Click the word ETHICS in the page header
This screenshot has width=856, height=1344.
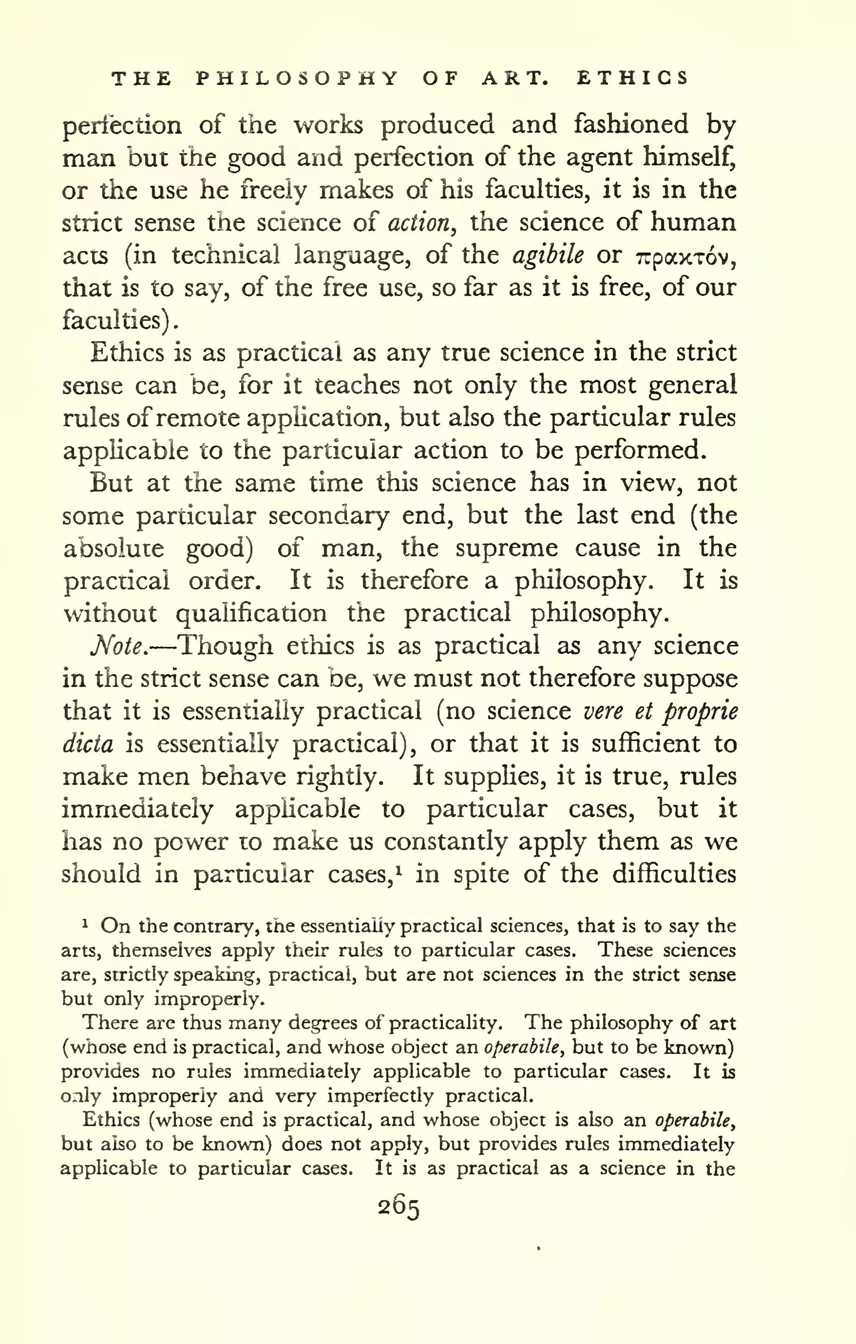pyautogui.click(x=632, y=78)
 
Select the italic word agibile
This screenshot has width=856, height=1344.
pyautogui.click(x=548, y=255)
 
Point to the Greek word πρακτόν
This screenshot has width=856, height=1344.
pyautogui.click(x=682, y=257)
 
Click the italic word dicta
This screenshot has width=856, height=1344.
pyautogui.click(x=88, y=745)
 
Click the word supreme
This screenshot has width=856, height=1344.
pyautogui.click(x=506, y=548)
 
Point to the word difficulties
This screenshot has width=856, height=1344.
pyautogui.click(x=674, y=874)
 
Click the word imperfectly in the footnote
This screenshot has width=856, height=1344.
pyautogui.click(x=380, y=1096)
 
